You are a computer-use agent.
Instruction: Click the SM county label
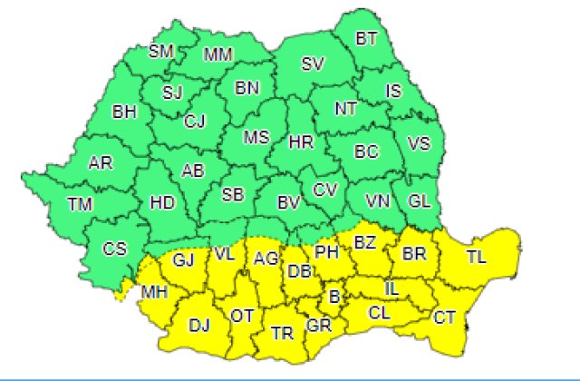click(x=161, y=51)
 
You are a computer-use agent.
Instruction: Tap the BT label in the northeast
click(x=366, y=38)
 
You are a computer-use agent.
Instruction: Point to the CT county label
click(x=444, y=317)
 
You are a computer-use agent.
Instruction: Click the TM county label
click(x=79, y=203)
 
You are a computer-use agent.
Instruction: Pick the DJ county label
click(x=199, y=324)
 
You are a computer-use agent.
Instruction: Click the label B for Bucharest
click(x=333, y=297)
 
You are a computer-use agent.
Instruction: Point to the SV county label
click(x=313, y=63)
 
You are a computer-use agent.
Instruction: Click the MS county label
click(x=257, y=137)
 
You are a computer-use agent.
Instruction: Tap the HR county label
click(x=300, y=142)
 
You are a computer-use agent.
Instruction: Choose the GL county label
click(x=420, y=200)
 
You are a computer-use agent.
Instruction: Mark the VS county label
click(x=419, y=144)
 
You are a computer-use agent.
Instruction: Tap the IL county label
click(x=391, y=288)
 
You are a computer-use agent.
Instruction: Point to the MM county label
click(x=217, y=54)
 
